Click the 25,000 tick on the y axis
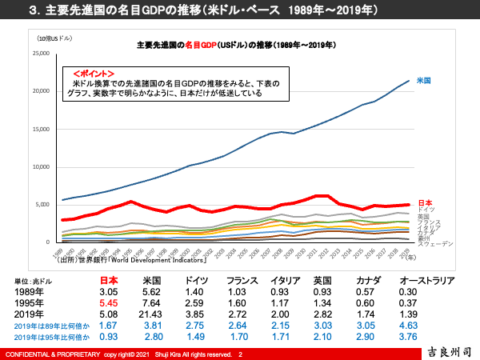point(40,54)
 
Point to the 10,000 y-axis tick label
point(40,166)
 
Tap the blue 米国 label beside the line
point(426,81)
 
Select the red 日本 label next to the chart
point(426,202)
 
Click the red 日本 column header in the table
point(109,281)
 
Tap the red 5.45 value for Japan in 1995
point(109,303)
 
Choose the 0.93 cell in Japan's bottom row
point(109,338)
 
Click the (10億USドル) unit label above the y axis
point(54,38)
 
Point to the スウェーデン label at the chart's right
point(436,243)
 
